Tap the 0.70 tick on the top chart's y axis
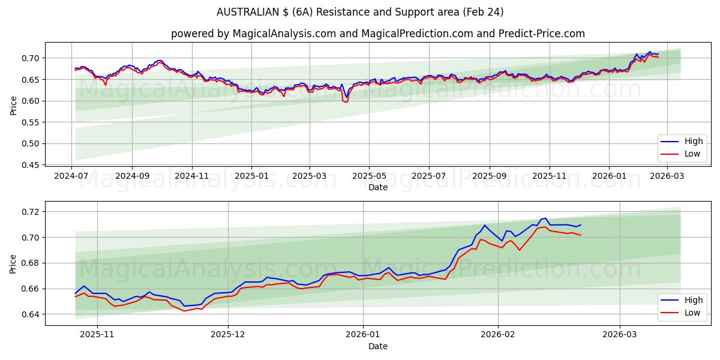[31, 58]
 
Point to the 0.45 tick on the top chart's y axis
[31, 165]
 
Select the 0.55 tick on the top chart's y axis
[31, 122]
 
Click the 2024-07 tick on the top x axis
[72, 176]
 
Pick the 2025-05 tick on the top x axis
[369, 176]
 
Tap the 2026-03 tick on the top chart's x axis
[667, 176]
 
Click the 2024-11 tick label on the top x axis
[192, 176]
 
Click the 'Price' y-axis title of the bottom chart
[13, 263]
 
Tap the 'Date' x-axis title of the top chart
[377, 187]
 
